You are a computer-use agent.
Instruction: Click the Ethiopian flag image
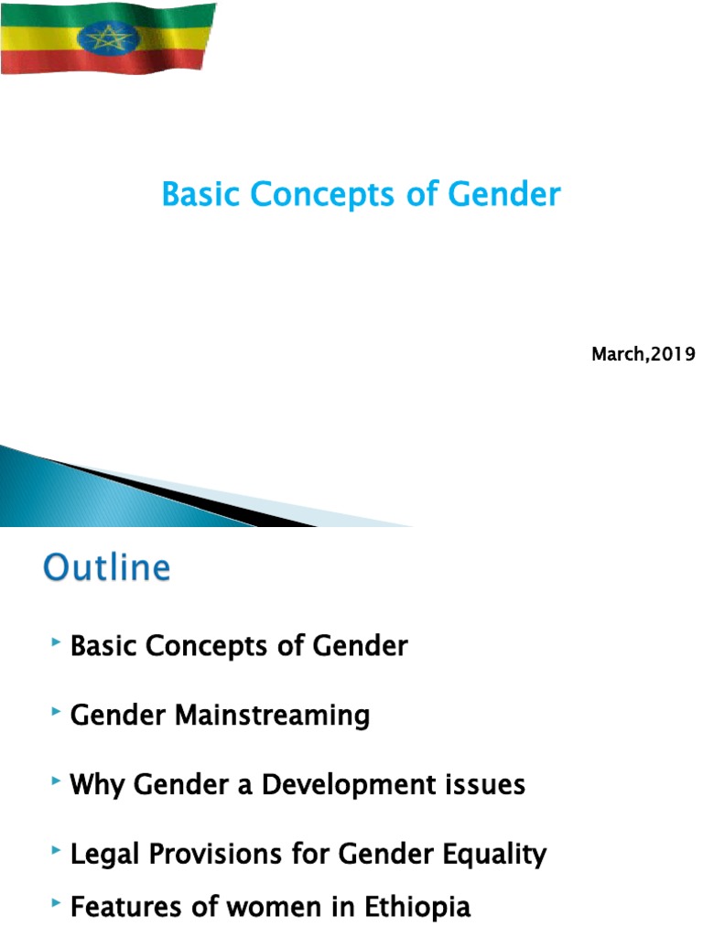(x=108, y=38)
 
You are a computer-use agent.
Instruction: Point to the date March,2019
(x=644, y=354)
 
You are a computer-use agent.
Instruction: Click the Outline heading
(x=107, y=567)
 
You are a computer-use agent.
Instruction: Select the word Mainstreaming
(x=272, y=715)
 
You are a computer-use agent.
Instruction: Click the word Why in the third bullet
(x=97, y=784)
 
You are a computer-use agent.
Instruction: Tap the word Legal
(x=105, y=854)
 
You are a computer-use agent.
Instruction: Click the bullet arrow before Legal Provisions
(x=57, y=851)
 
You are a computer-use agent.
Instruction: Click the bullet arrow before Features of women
(x=57, y=904)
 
